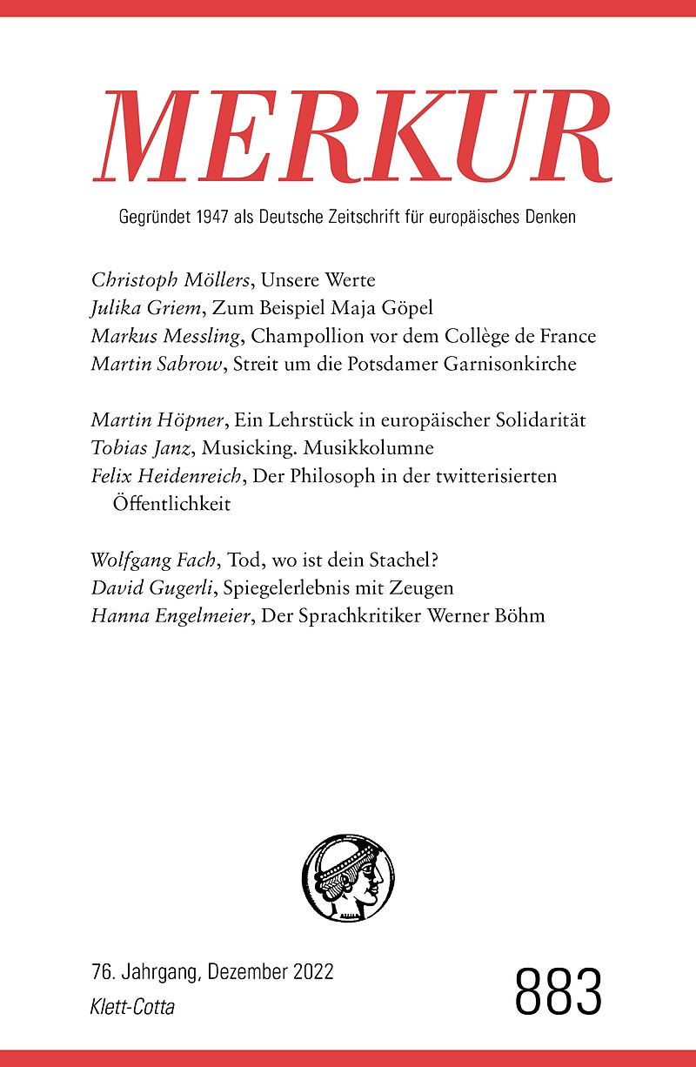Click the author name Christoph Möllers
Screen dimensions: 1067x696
coord(161,281)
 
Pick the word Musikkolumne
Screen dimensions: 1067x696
coord(379,448)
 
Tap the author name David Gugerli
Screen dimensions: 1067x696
coord(151,588)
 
